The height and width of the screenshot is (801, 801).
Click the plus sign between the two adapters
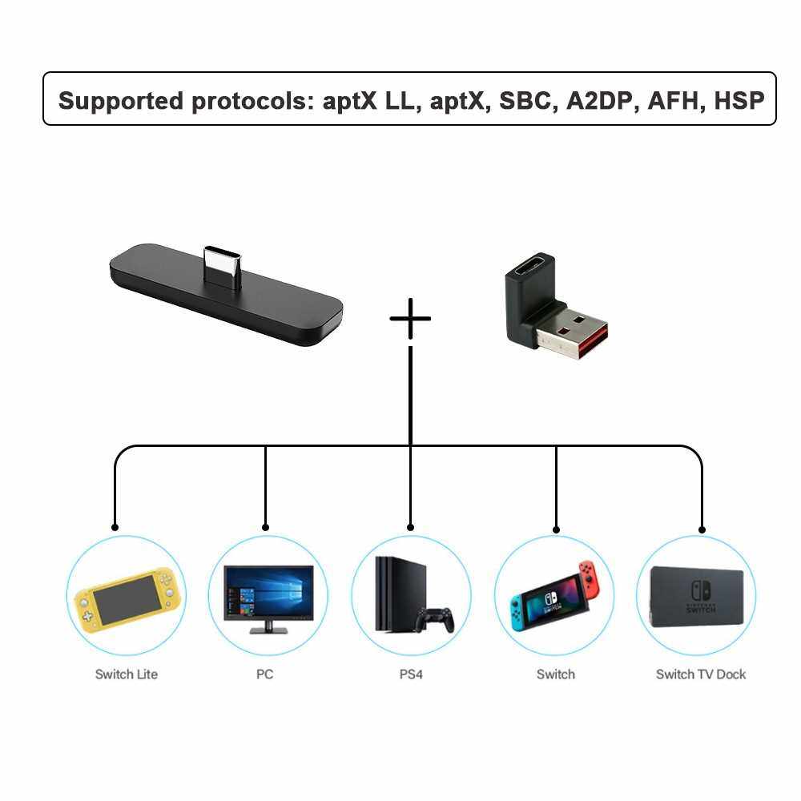tap(410, 318)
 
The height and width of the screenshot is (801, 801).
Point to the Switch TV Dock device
tap(696, 597)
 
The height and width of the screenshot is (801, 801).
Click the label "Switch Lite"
tap(126, 674)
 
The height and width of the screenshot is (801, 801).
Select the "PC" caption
tap(265, 674)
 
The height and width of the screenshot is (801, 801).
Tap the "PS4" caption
tap(411, 674)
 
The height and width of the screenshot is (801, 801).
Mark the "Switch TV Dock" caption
tap(701, 674)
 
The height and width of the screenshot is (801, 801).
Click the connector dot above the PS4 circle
tap(411, 528)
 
